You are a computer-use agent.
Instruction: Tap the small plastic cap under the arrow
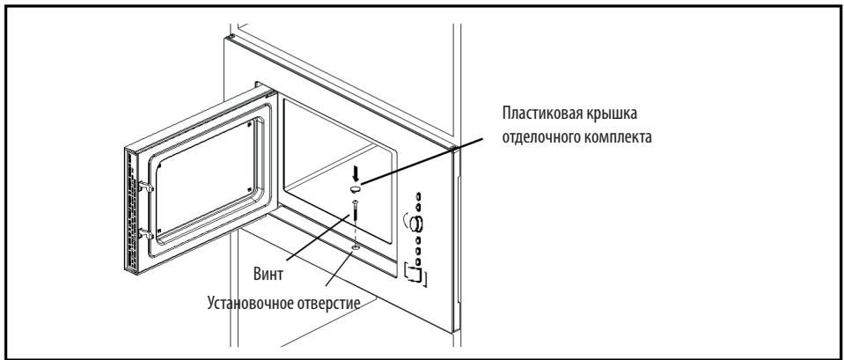pyautogui.click(x=355, y=188)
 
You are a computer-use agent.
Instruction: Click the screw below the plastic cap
pyautogui.click(x=355, y=211)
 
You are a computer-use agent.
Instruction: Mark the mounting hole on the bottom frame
pyautogui.click(x=355, y=250)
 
